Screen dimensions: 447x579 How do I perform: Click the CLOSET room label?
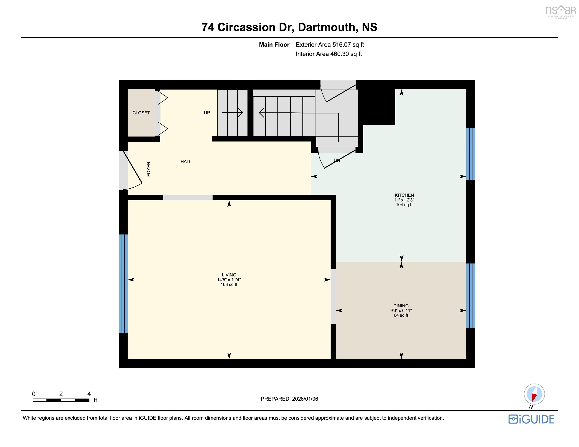[x=141, y=113]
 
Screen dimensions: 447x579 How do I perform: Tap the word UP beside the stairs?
[x=207, y=113]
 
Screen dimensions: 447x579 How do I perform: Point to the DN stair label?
[x=337, y=160]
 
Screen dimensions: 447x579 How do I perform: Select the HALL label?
[x=186, y=162]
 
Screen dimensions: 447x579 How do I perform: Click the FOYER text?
[x=149, y=169]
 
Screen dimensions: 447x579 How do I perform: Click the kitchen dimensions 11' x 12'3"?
[x=404, y=200]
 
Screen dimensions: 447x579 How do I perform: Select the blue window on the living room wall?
[x=123, y=283]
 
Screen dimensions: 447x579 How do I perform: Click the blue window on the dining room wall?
[x=471, y=296]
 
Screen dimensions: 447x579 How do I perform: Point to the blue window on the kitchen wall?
[x=471, y=154]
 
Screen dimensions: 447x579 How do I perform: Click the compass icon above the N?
[x=534, y=394]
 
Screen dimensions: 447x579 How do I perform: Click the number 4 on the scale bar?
[x=89, y=394]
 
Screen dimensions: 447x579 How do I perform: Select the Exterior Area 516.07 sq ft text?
[x=330, y=45]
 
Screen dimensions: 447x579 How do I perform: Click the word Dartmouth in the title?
[x=327, y=27]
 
